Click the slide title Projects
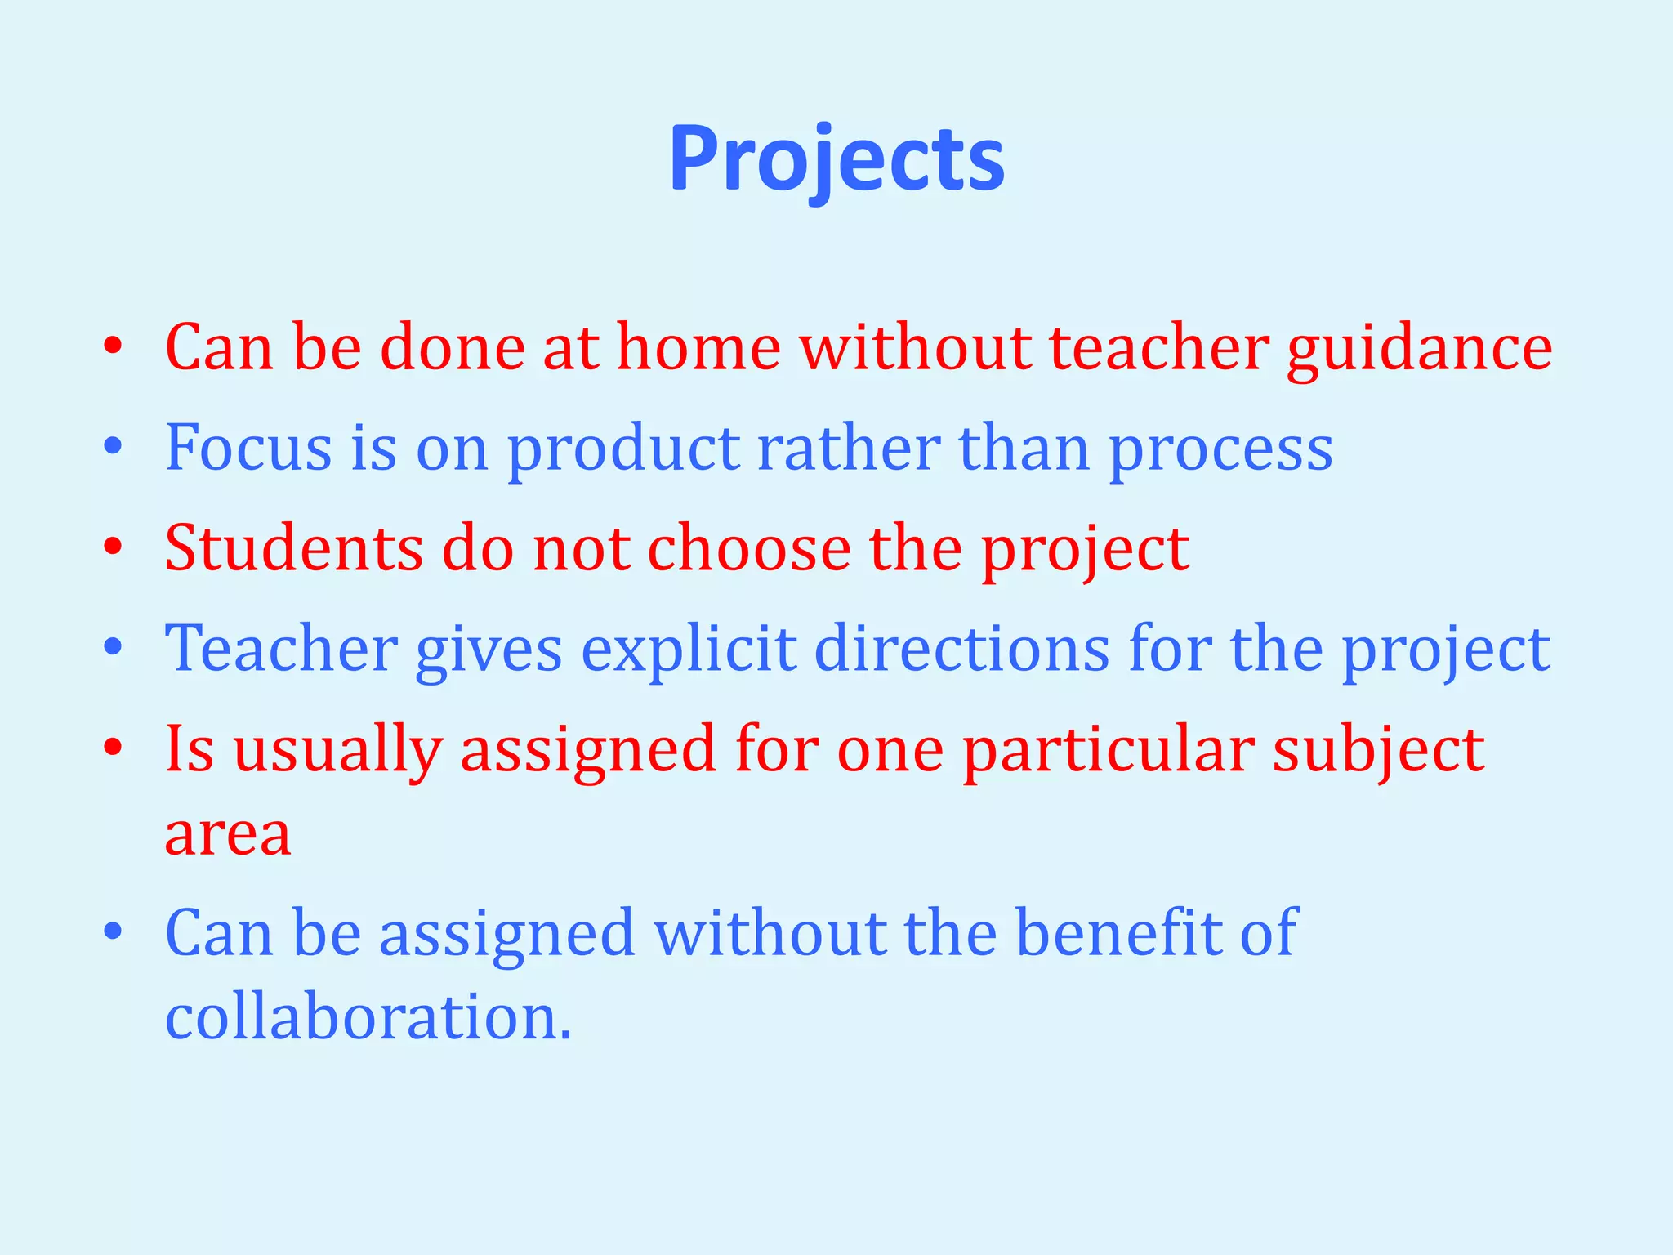pyautogui.click(x=836, y=160)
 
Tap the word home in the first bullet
pyautogui.click(x=698, y=348)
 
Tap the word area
pyautogui.click(x=228, y=835)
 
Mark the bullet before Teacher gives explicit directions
pyautogui.click(x=114, y=649)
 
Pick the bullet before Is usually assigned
pyautogui.click(x=114, y=748)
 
